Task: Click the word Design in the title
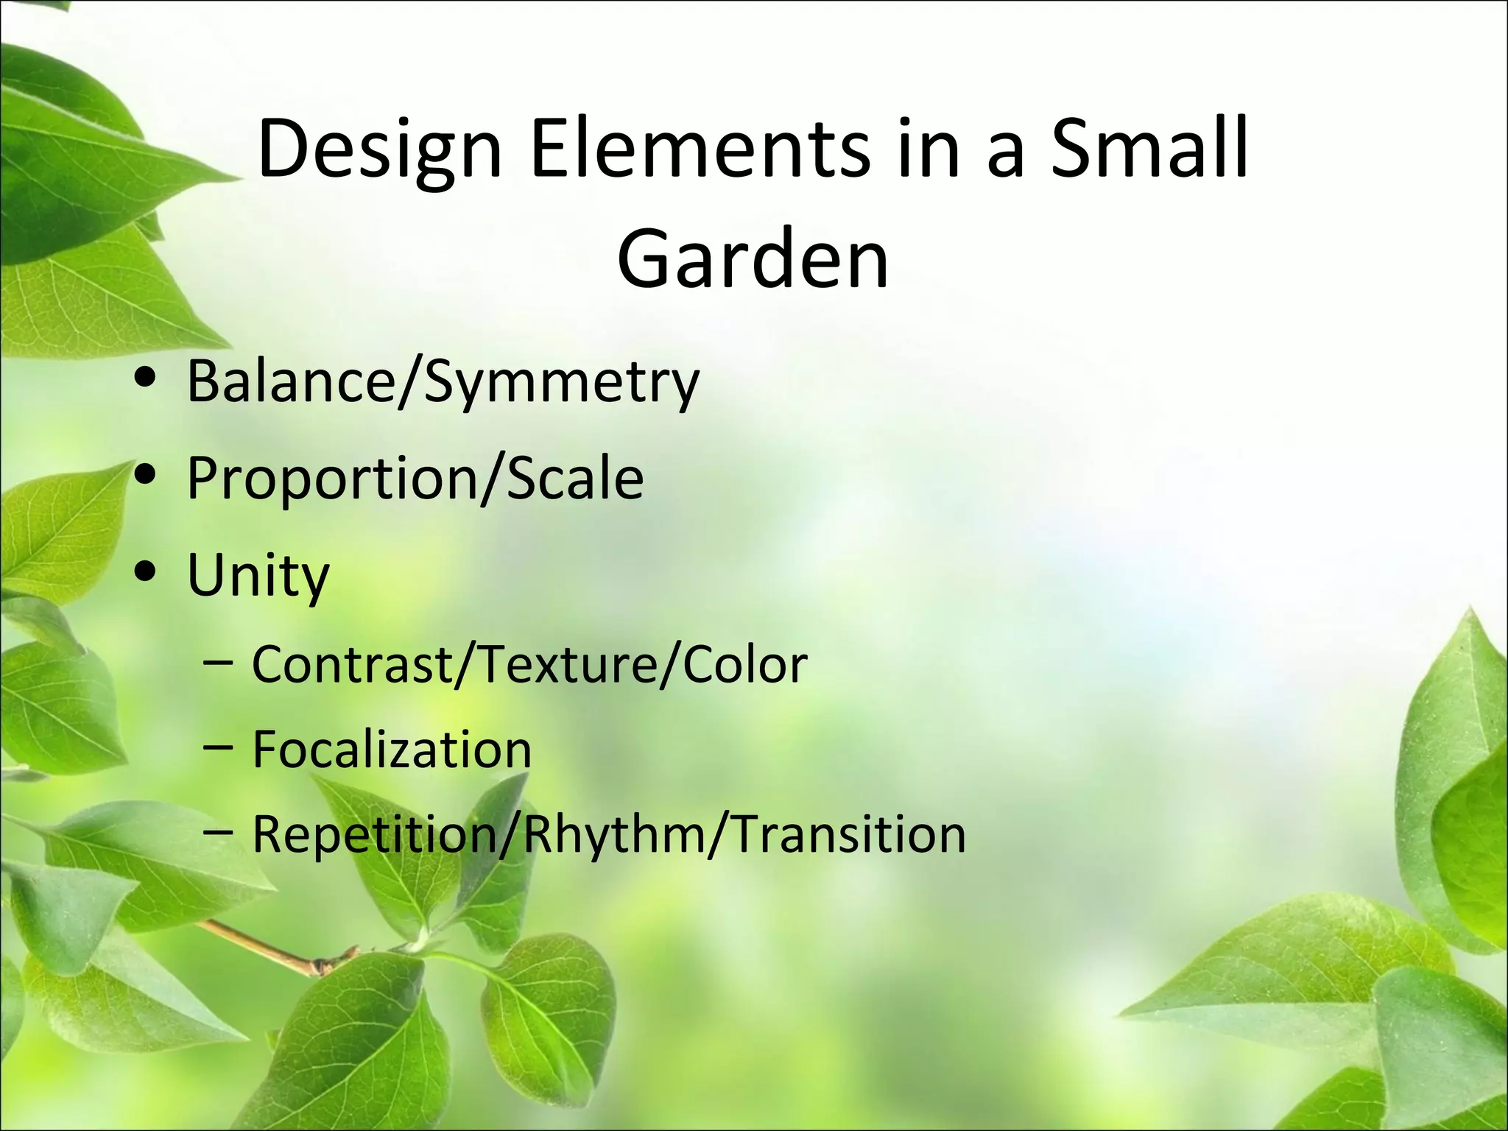(379, 151)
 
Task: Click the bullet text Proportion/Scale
(415, 479)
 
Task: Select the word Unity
(258, 577)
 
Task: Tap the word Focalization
(392, 750)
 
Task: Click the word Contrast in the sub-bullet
(353, 665)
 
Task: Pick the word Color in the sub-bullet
(745, 665)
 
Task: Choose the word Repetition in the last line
(374, 835)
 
